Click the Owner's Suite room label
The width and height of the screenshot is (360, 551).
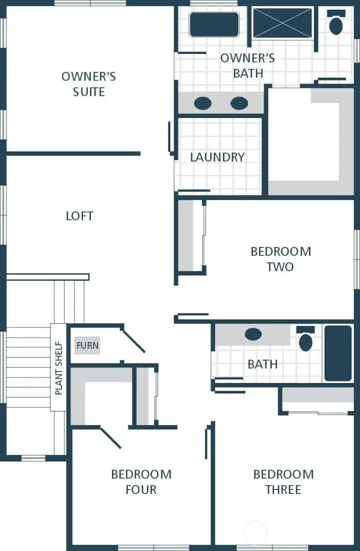pos(88,84)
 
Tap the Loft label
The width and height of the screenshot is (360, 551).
pos(79,216)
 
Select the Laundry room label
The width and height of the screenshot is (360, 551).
pos(217,157)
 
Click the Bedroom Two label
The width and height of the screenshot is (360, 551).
pos(280,258)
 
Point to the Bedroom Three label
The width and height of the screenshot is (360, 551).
pos(283,481)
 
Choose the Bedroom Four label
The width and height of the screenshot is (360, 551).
pos(141,481)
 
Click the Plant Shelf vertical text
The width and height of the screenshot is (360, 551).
pos(58,367)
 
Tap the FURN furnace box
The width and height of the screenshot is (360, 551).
pos(87,345)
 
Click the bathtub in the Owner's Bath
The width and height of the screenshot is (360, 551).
pos(214,24)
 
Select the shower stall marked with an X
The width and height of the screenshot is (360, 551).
pos(282,23)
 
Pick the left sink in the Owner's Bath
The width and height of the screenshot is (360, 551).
pos(202,103)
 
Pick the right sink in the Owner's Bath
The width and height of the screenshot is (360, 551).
pos(239,103)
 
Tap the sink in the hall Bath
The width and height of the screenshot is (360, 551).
pos(253,334)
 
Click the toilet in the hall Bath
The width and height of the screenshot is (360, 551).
pos(305,339)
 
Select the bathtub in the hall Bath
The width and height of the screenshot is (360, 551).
pos(338,352)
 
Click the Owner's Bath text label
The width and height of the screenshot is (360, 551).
pos(247,65)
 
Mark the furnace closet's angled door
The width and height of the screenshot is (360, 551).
pos(133,340)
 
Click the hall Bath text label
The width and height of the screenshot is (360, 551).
pos(262,364)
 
